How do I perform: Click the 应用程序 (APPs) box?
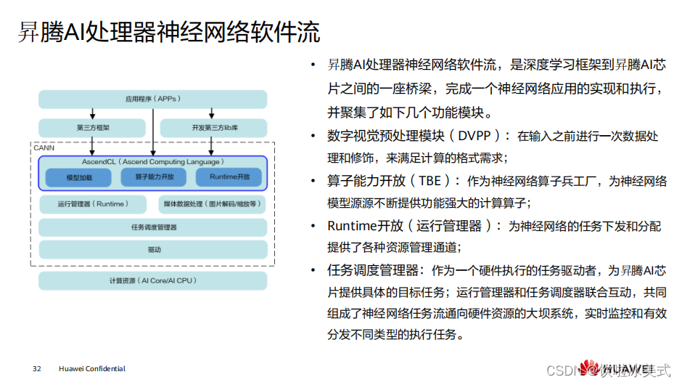(152, 99)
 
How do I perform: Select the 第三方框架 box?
(92, 128)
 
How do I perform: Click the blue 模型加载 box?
(79, 177)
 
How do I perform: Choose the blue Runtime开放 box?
(229, 177)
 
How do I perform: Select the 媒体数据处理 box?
(211, 204)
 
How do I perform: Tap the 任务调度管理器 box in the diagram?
(152, 227)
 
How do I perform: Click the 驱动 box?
(152, 249)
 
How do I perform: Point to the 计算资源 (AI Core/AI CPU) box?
(152, 280)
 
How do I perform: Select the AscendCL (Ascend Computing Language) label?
(152, 161)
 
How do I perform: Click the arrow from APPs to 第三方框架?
(92, 113)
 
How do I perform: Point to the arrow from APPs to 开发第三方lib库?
(211, 113)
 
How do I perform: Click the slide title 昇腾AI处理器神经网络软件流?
(168, 33)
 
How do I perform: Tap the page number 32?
(37, 369)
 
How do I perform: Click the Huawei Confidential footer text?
(92, 369)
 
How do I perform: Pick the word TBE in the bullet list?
(429, 181)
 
